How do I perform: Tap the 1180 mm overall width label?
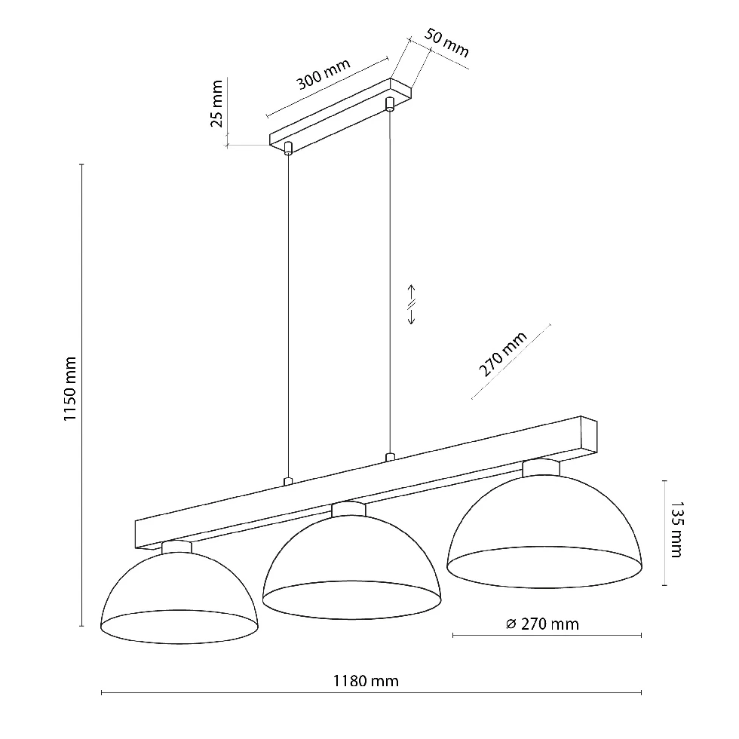(366, 681)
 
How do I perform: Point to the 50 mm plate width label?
(446, 44)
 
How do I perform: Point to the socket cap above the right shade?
(541, 468)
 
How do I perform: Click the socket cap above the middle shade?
(348, 510)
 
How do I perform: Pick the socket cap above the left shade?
(177, 547)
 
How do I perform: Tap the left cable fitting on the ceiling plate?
(287, 148)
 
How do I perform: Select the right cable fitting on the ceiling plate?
(390, 103)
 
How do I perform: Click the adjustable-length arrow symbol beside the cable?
(412, 305)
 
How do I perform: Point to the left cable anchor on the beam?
(287, 481)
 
